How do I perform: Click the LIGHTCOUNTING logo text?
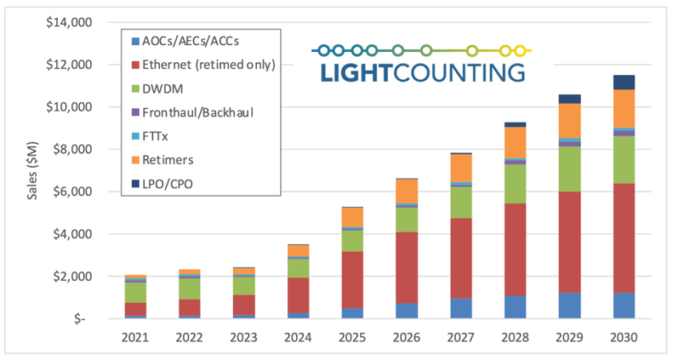pos(422,71)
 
